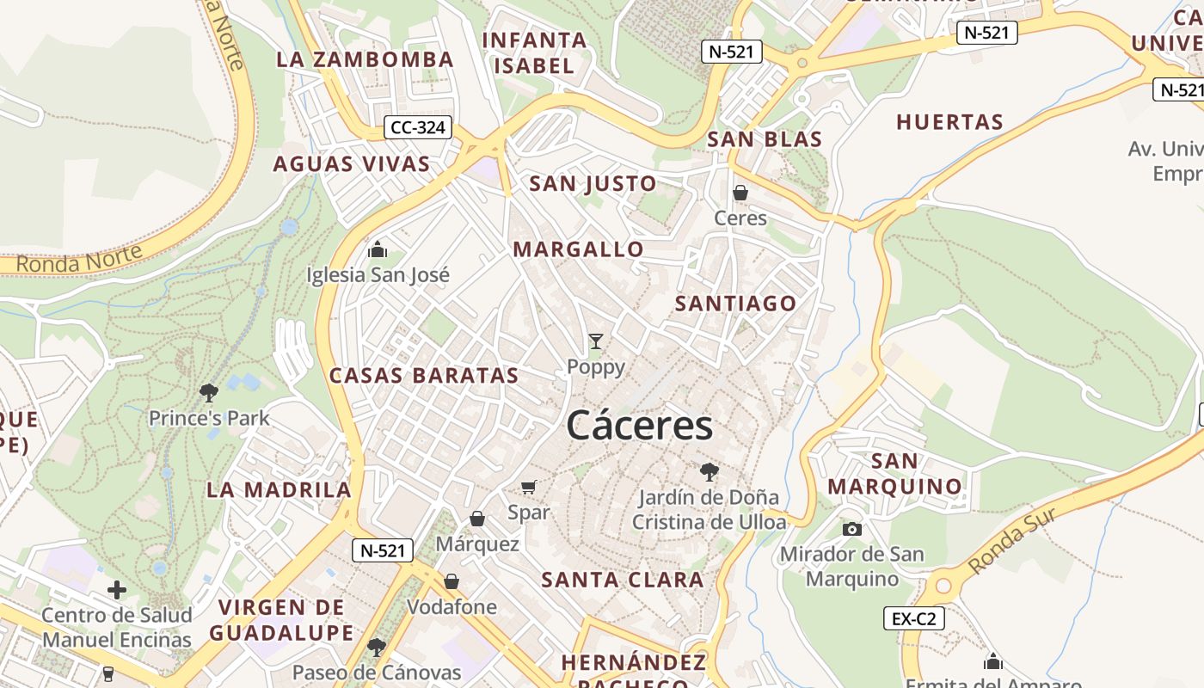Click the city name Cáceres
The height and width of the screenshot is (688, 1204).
[640, 426]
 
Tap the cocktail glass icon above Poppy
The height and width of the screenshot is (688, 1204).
[595, 341]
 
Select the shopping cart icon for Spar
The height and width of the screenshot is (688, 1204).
[529, 488]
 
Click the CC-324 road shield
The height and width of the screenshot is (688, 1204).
[417, 128]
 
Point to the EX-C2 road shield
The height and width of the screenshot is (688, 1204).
[914, 617]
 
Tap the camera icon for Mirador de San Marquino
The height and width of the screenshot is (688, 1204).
[852, 529]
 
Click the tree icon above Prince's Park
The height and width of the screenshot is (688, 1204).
[208, 393]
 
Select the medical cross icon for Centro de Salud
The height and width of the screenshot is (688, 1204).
[117, 590]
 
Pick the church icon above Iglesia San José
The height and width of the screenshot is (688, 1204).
[378, 250]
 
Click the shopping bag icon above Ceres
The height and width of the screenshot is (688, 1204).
[740, 193]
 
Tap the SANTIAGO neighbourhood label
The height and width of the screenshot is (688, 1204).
[735, 304]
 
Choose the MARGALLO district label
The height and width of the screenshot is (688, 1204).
[578, 249]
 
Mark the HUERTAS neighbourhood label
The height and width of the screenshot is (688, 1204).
[949, 122]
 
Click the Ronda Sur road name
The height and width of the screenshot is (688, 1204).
[1011, 539]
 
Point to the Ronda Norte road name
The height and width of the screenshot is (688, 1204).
[79, 259]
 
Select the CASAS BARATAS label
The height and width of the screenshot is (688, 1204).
[424, 376]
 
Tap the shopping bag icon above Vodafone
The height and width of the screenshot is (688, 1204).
[451, 582]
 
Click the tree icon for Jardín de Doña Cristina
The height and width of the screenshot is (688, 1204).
[709, 471]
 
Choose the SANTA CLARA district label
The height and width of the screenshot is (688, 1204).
[623, 580]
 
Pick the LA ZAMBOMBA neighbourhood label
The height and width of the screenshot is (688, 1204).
[365, 59]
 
